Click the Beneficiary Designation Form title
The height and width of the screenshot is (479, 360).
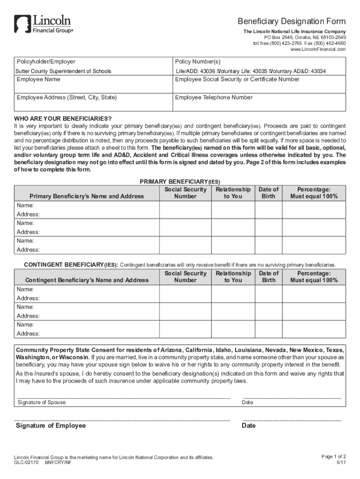(x=292, y=22)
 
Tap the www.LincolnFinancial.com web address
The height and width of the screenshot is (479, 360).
(x=318, y=49)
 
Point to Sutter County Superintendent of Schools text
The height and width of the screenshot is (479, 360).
(x=64, y=71)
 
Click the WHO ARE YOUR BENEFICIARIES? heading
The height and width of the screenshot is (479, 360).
(x=63, y=118)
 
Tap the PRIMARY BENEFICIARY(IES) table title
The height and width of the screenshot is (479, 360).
(x=180, y=181)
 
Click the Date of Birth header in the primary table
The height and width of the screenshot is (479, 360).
(x=268, y=193)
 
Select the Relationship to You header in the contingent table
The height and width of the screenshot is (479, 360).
(x=233, y=276)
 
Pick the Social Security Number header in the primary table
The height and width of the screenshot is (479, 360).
(x=185, y=193)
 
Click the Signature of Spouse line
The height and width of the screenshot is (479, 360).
(x=122, y=396)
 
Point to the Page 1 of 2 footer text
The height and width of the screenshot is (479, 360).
(x=334, y=456)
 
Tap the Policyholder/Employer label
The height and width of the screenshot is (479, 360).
(x=46, y=62)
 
